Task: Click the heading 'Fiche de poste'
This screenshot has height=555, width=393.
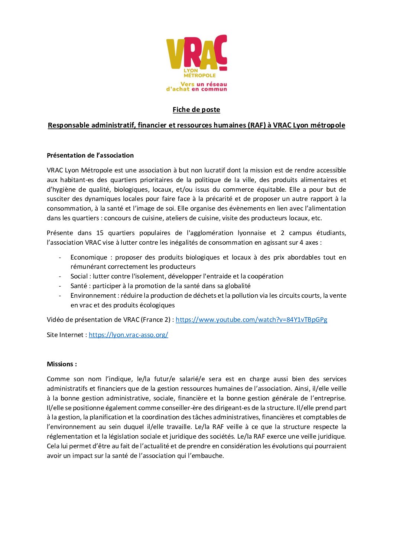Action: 196,110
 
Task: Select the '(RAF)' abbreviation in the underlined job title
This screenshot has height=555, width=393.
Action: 257,125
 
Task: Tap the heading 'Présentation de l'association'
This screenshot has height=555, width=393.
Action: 90,155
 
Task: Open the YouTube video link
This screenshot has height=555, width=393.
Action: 251,320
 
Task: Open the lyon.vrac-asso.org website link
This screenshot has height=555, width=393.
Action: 128,335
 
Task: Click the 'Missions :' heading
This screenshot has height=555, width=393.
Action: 62,364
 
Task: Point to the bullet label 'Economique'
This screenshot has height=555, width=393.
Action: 89,257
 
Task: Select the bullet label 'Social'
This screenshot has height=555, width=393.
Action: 79,276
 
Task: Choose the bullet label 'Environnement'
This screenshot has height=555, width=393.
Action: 93,295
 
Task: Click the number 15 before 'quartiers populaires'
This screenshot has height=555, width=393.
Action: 100,233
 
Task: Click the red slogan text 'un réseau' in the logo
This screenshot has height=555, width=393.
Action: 211,84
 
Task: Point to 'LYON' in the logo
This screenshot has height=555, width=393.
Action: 191,70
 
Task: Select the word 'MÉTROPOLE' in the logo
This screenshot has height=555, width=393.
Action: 199,75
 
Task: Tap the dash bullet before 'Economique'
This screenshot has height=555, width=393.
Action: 60,257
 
